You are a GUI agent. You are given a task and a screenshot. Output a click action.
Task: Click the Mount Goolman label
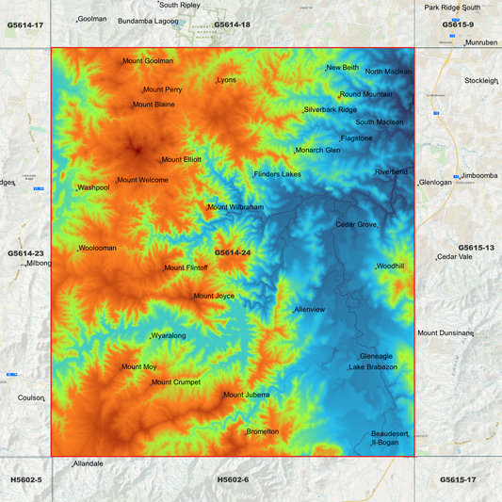tap(149, 61)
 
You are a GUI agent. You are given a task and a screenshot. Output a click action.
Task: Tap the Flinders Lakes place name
tap(278, 174)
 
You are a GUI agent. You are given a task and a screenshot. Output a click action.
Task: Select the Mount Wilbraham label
tap(235, 207)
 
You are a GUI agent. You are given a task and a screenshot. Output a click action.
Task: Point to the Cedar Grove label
tap(356, 225)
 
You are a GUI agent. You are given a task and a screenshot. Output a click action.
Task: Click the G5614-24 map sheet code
tap(232, 252)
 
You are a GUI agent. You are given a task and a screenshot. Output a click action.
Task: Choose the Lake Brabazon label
tap(373, 367)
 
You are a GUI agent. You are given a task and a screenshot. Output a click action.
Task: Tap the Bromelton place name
tap(262, 431)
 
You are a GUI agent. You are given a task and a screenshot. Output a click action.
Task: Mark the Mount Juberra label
tap(247, 395)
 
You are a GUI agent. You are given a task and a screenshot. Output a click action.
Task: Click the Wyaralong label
tap(169, 335)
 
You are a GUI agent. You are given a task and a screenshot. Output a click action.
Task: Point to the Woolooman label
tap(98, 248)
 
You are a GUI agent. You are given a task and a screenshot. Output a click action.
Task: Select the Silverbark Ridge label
tap(331, 110)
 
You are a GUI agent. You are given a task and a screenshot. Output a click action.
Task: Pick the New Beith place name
tap(343, 68)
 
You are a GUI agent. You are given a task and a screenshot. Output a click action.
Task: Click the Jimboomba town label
tap(479, 176)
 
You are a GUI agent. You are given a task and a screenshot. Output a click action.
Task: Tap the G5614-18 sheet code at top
tap(232, 24)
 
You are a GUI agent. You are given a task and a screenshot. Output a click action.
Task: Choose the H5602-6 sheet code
tap(233, 480)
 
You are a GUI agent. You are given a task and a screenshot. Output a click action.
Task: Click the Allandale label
tap(88, 463)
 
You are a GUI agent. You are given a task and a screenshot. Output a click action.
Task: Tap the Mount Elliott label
tap(182, 160)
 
